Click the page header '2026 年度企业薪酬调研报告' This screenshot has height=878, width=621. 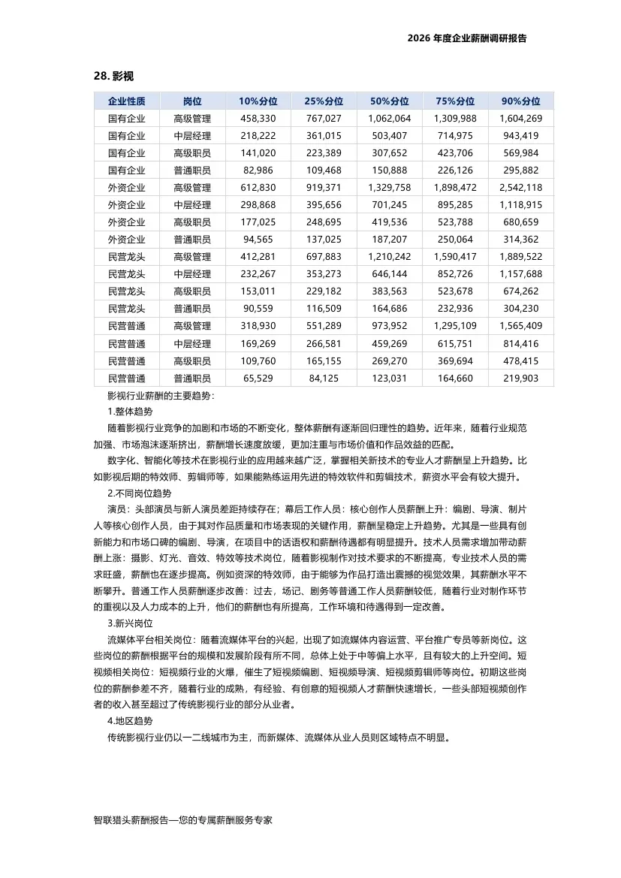point(466,38)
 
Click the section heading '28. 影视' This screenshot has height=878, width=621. point(113,77)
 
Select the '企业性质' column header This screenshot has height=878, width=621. point(127,101)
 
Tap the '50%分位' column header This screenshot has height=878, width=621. point(390,101)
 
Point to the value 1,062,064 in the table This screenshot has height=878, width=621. point(390,119)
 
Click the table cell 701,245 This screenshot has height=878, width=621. point(390,205)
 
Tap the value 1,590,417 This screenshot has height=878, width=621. point(455,257)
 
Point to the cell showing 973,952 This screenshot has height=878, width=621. point(390,326)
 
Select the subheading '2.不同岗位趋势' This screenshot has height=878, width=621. point(140,493)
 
